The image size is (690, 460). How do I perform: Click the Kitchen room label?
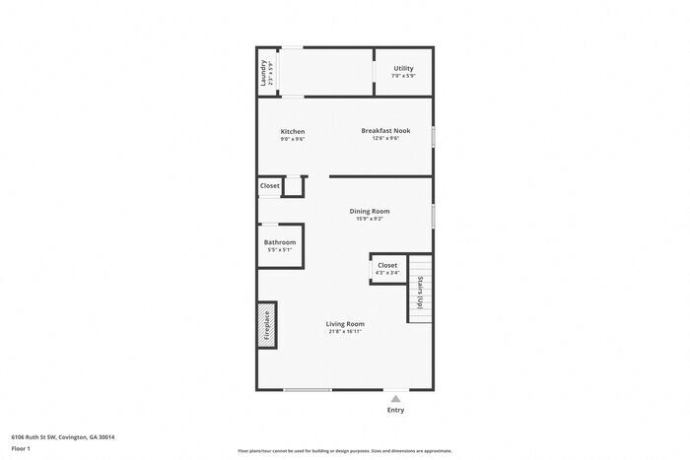293,132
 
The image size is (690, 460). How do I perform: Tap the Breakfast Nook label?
385,130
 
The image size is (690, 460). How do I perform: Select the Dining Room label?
370,211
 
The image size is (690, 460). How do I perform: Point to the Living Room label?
346,324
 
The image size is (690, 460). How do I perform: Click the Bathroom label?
280,242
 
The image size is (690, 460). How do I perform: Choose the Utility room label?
403,68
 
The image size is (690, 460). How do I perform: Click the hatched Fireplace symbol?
265,326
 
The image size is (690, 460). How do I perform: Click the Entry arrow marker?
396,399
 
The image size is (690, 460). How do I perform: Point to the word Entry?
395,410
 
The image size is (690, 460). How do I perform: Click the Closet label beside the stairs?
387,265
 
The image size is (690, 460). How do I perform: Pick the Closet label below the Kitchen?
270,185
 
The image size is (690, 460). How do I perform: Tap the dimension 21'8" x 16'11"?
346,332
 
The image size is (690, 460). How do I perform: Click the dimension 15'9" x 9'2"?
370,219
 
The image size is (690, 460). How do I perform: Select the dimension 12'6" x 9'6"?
385,138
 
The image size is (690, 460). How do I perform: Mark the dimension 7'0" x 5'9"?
403,76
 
